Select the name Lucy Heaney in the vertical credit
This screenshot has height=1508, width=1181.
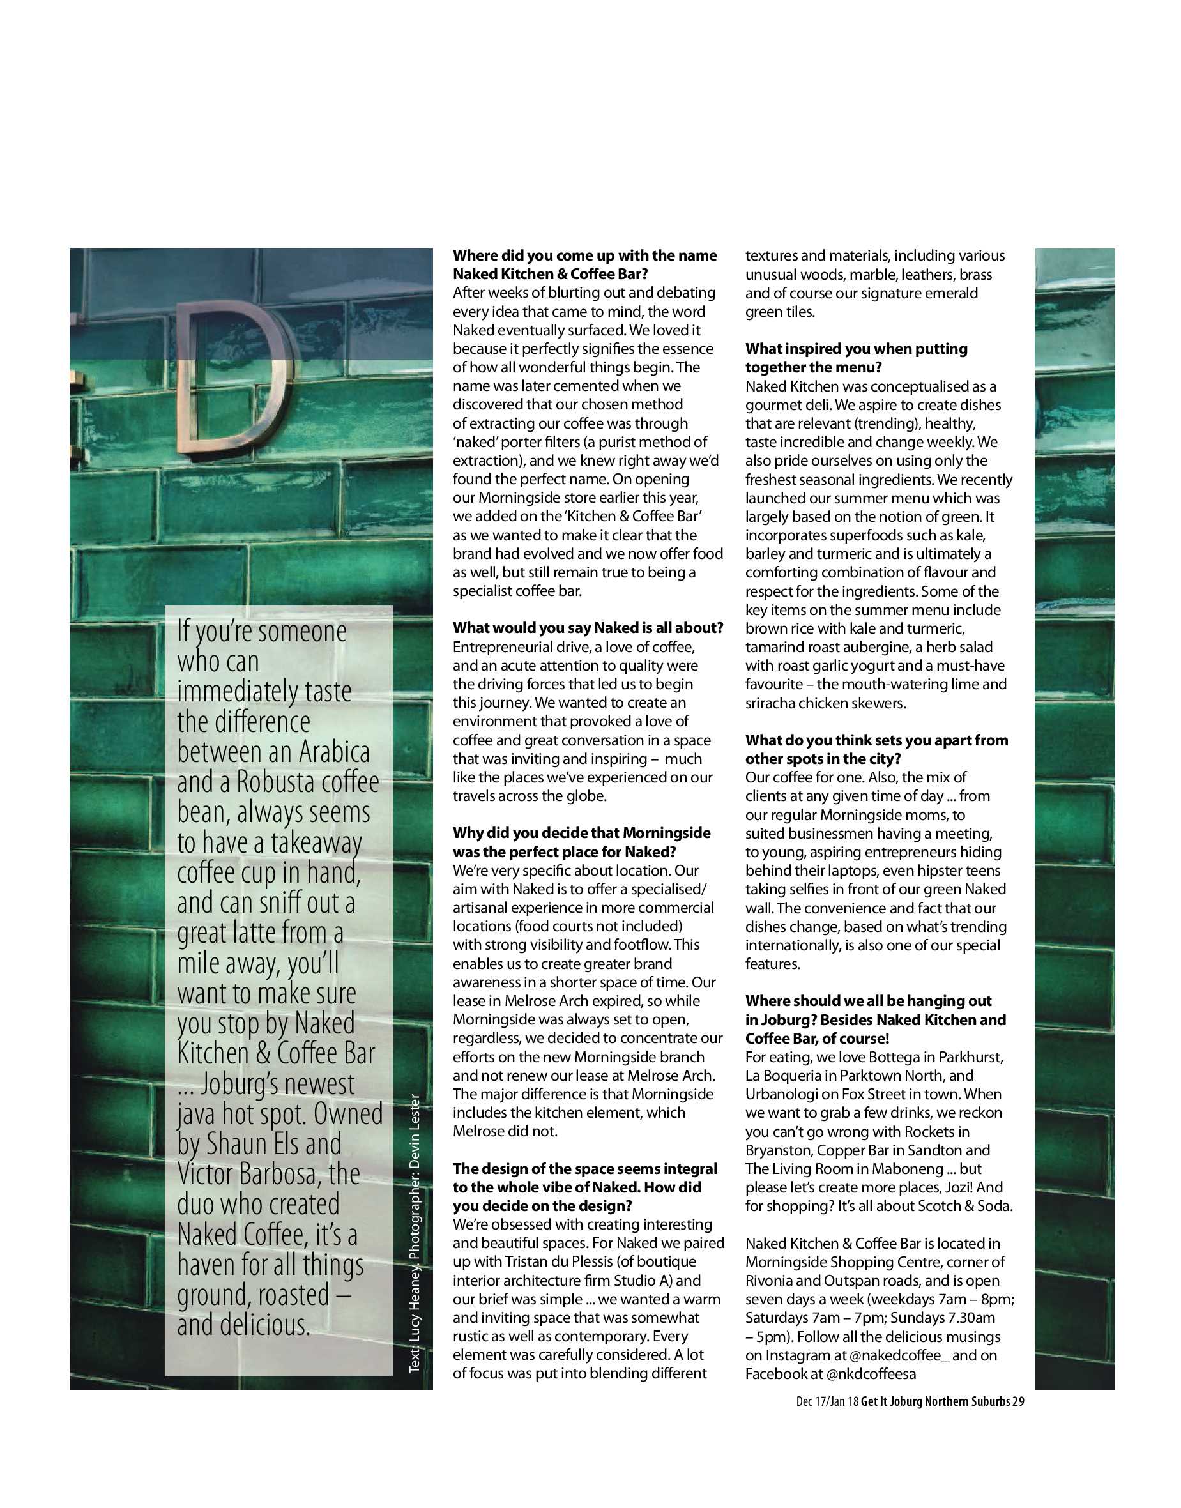coord(415,1317)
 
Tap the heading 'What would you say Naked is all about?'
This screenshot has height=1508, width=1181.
coord(588,628)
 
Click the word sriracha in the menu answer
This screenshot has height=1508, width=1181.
coord(770,703)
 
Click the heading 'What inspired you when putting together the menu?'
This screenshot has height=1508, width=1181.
coord(856,358)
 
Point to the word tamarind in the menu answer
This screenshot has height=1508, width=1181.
coord(773,647)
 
